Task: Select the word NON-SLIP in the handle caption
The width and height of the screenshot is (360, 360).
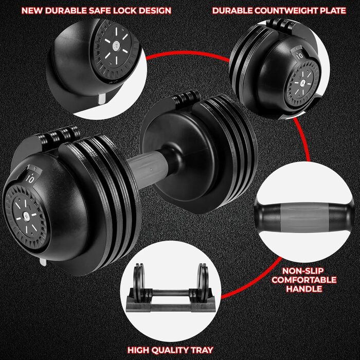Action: point(303,271)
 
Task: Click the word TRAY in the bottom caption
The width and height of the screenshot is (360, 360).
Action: point(202,350)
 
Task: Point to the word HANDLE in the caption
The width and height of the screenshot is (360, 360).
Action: point(304,289)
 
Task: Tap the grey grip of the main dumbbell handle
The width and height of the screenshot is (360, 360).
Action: point(148,169)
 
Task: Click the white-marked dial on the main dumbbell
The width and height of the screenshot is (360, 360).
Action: point(27,217)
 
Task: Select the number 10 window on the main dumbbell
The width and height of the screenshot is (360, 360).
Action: point(30,178)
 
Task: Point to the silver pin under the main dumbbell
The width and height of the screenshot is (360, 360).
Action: point(43,262)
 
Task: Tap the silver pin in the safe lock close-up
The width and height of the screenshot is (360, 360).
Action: point(102,98)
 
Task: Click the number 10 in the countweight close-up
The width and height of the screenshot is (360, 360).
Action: point(300,55)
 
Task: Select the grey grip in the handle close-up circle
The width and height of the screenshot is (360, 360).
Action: point(304,217)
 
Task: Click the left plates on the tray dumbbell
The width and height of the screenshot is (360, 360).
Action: point(139,282)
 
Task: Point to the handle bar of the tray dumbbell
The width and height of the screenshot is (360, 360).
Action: point(171,293)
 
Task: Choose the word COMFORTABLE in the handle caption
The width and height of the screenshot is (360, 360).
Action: point(304,280)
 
